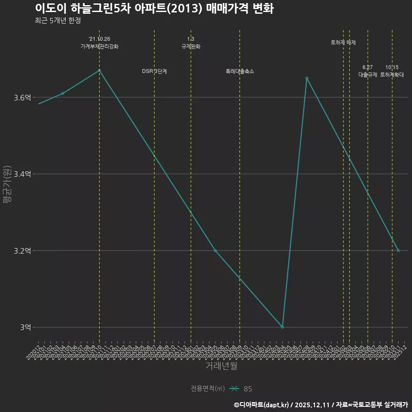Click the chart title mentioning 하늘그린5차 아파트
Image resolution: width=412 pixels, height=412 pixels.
[x=154, y=9]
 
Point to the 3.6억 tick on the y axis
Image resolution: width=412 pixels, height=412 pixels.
[x=22, y=98]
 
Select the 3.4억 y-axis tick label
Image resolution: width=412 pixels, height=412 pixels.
[x=22, y=174]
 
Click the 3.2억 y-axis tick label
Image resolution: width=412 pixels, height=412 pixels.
[x=22, y=251]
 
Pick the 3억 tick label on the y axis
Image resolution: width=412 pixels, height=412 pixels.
[x=25, y=327]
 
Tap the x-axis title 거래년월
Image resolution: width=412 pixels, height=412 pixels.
[x=221, y=366]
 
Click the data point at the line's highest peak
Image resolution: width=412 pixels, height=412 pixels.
[x=99, y=70]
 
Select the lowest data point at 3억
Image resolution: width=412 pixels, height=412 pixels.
[x=282, y=327]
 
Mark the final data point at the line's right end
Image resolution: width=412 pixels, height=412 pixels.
[x=398, y=251]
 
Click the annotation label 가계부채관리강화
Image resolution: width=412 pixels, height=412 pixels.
[x=99, y=46]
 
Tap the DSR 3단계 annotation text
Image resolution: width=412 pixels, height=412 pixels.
[x=154, y=71]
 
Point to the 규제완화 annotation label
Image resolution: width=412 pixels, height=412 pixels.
[x=191, y=46]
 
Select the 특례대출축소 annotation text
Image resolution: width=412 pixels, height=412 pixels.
[x=240, y=71]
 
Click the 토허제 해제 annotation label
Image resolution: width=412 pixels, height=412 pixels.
[x=343, y=42]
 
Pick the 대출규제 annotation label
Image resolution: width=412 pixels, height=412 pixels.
[x=368, y=75]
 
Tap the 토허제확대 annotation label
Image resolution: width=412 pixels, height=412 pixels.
[x=392, y=75]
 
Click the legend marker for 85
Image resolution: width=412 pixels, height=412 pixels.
[x=234, y=389]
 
